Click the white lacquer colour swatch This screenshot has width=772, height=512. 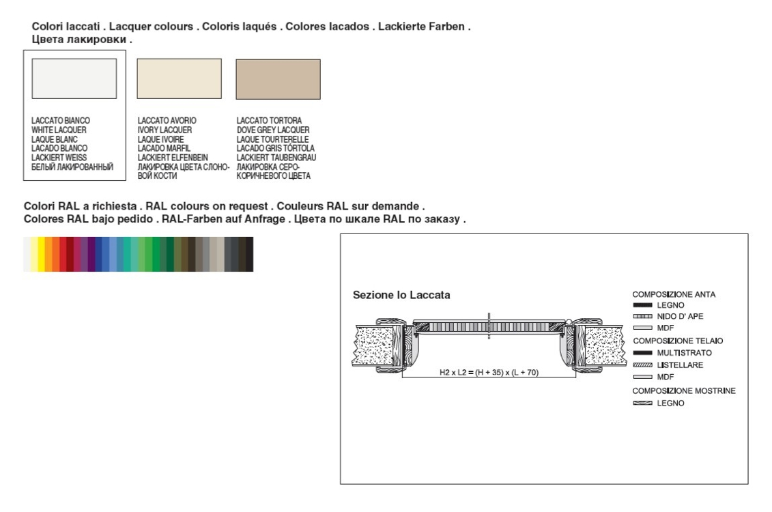[74, 79]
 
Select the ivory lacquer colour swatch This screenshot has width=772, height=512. [180, 79]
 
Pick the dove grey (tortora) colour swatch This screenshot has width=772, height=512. [278, 79]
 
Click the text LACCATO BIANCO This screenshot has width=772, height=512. [61, 121]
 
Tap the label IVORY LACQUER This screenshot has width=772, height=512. [165, 130]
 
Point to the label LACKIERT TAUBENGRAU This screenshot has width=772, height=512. [276, 158]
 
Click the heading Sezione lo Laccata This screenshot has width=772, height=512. [401, 295]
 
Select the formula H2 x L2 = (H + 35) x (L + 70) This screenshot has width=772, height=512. [489, 372]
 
